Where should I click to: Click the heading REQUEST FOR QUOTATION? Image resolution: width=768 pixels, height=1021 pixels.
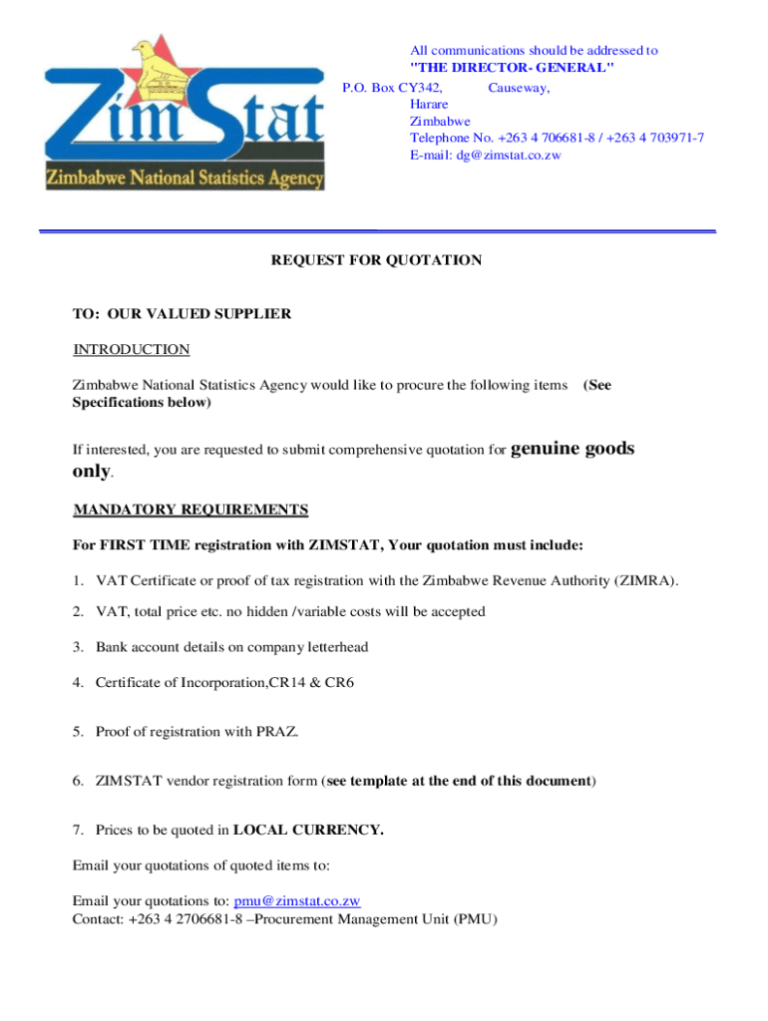pos(377,260)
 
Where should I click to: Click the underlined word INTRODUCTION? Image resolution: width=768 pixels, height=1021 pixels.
pos(131,349)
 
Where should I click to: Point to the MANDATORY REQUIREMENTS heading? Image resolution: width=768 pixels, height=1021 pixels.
pos(191,510)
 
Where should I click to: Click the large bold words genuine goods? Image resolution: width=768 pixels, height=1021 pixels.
pos(573,449)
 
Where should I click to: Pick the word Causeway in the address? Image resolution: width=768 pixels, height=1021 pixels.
pos(519,88)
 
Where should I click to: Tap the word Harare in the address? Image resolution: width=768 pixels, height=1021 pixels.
pos(429,104)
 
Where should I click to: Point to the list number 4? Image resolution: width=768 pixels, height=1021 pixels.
pos(78,682)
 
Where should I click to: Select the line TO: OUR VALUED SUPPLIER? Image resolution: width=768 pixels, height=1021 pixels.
pos(182,313)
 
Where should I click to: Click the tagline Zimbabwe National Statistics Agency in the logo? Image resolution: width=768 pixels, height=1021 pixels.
pos(185,178)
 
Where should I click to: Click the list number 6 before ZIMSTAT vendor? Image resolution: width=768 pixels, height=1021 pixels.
pos(78,781)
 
